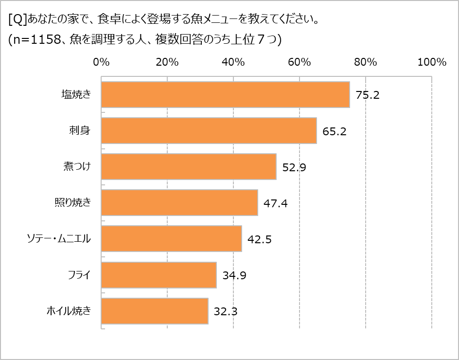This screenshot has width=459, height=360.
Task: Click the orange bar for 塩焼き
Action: pyautogui.click(x=225, y=94)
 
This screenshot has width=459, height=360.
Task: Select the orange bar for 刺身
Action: pyautogui.click(x=209, y=130)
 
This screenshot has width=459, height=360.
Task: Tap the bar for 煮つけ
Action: pyautogui.click(x=189, y=167)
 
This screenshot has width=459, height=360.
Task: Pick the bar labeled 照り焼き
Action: pyautogui.click(x=179, y=203)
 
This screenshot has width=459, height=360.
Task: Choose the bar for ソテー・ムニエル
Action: pyautogui.click(x=171, y=239)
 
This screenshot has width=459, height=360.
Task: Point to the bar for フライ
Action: pyautogui.click(x=159, y=275)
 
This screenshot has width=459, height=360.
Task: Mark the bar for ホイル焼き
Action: pyautogui.click(x=155, y=311)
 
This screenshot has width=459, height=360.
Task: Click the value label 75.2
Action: pyautogui.click(x=367, y=95)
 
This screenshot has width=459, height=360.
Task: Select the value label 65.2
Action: pyautogui.click(x=334, y=131)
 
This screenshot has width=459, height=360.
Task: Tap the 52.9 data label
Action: pyautogui.click(x=294, y=167)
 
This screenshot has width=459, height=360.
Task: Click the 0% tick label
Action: pyautogui.click(x=101, y=62)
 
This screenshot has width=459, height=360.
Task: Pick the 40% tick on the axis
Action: pyautogui.click(x=233, y=62)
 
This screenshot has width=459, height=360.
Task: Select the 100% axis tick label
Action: pyautogui.click(x=432, y=62)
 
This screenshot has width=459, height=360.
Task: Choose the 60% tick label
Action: pyautogui.click(x=299, y=62)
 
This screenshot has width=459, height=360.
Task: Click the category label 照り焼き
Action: pyautogui.click(x=72, y=203)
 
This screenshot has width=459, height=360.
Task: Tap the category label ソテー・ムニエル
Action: pyautogui.click(x=58, y=239)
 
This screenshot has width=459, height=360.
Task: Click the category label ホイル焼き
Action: pyautogui.click(x=69, y=311)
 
